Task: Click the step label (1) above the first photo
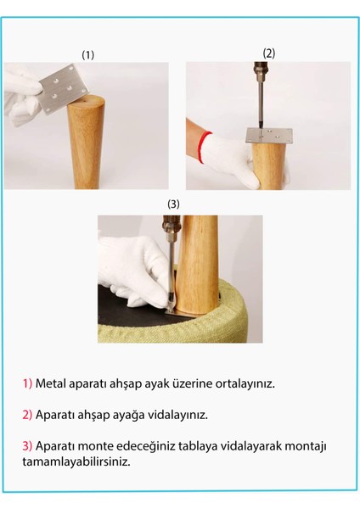[87, 54]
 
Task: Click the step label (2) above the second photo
[268, 53]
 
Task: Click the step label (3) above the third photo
[174, 204]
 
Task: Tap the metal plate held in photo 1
[62, 90]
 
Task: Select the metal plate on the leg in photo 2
[267, 136]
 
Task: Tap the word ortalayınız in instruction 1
[245, 383]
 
